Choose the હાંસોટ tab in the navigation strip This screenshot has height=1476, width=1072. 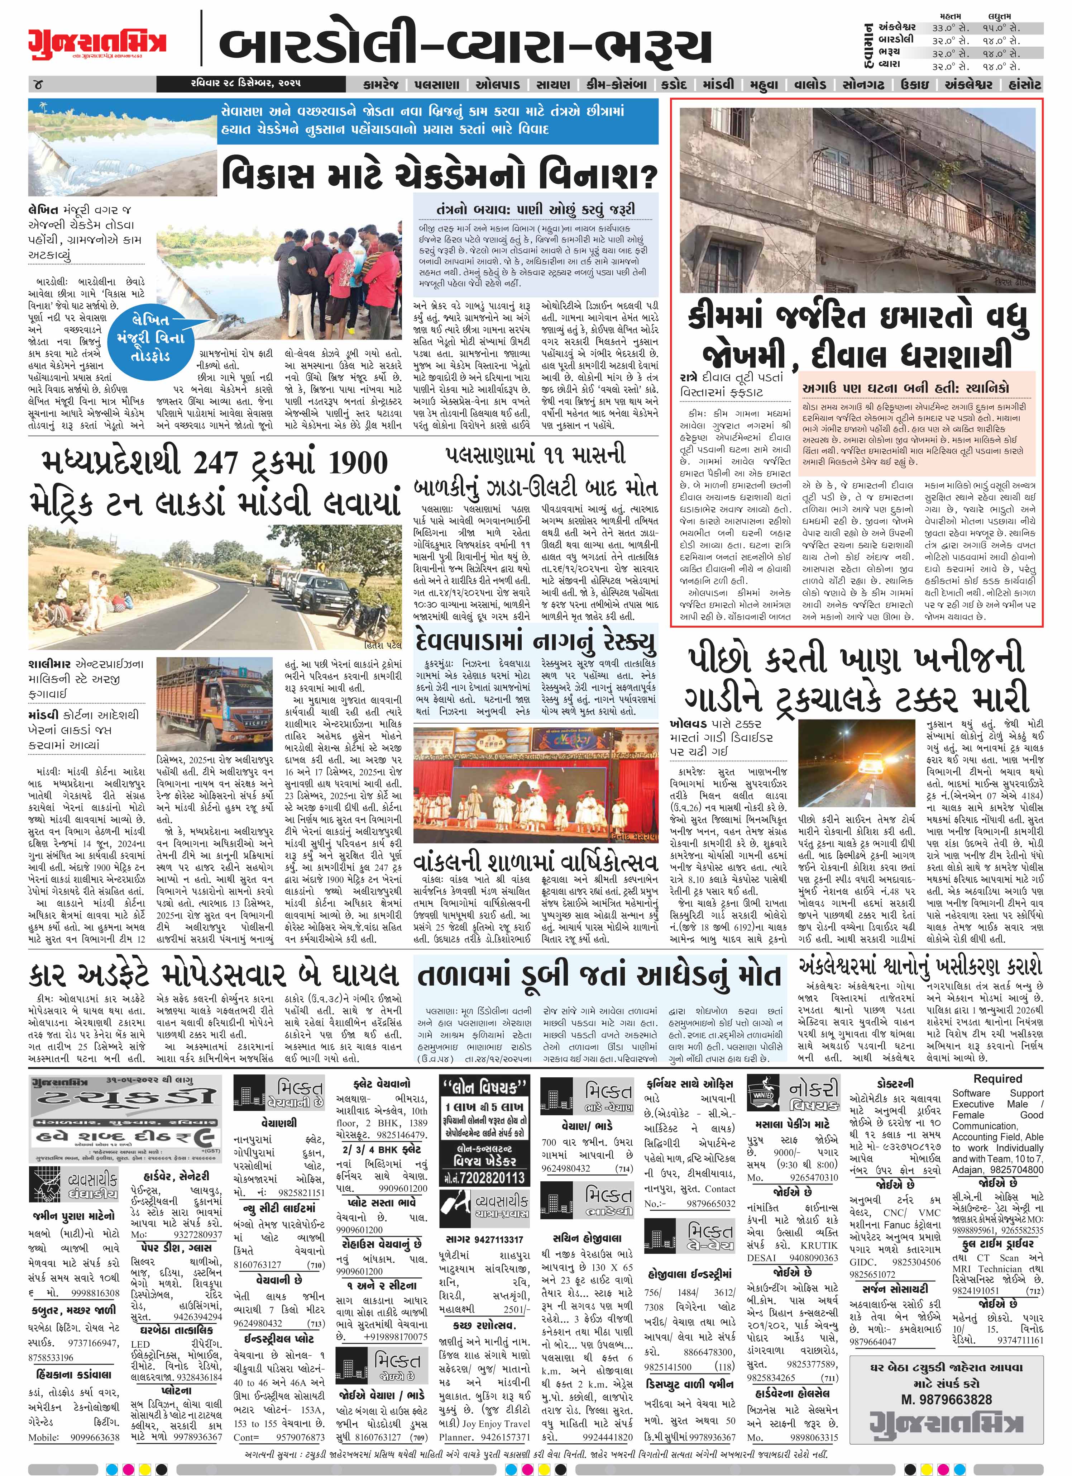coord(1019,85)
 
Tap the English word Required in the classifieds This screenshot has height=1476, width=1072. coord(997,1079)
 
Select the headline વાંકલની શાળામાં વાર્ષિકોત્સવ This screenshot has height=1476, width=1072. coord(536,863)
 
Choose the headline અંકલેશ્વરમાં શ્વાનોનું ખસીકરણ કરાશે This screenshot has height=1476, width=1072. coord(920,963)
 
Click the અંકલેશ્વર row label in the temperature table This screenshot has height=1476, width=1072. coord(897,27)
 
